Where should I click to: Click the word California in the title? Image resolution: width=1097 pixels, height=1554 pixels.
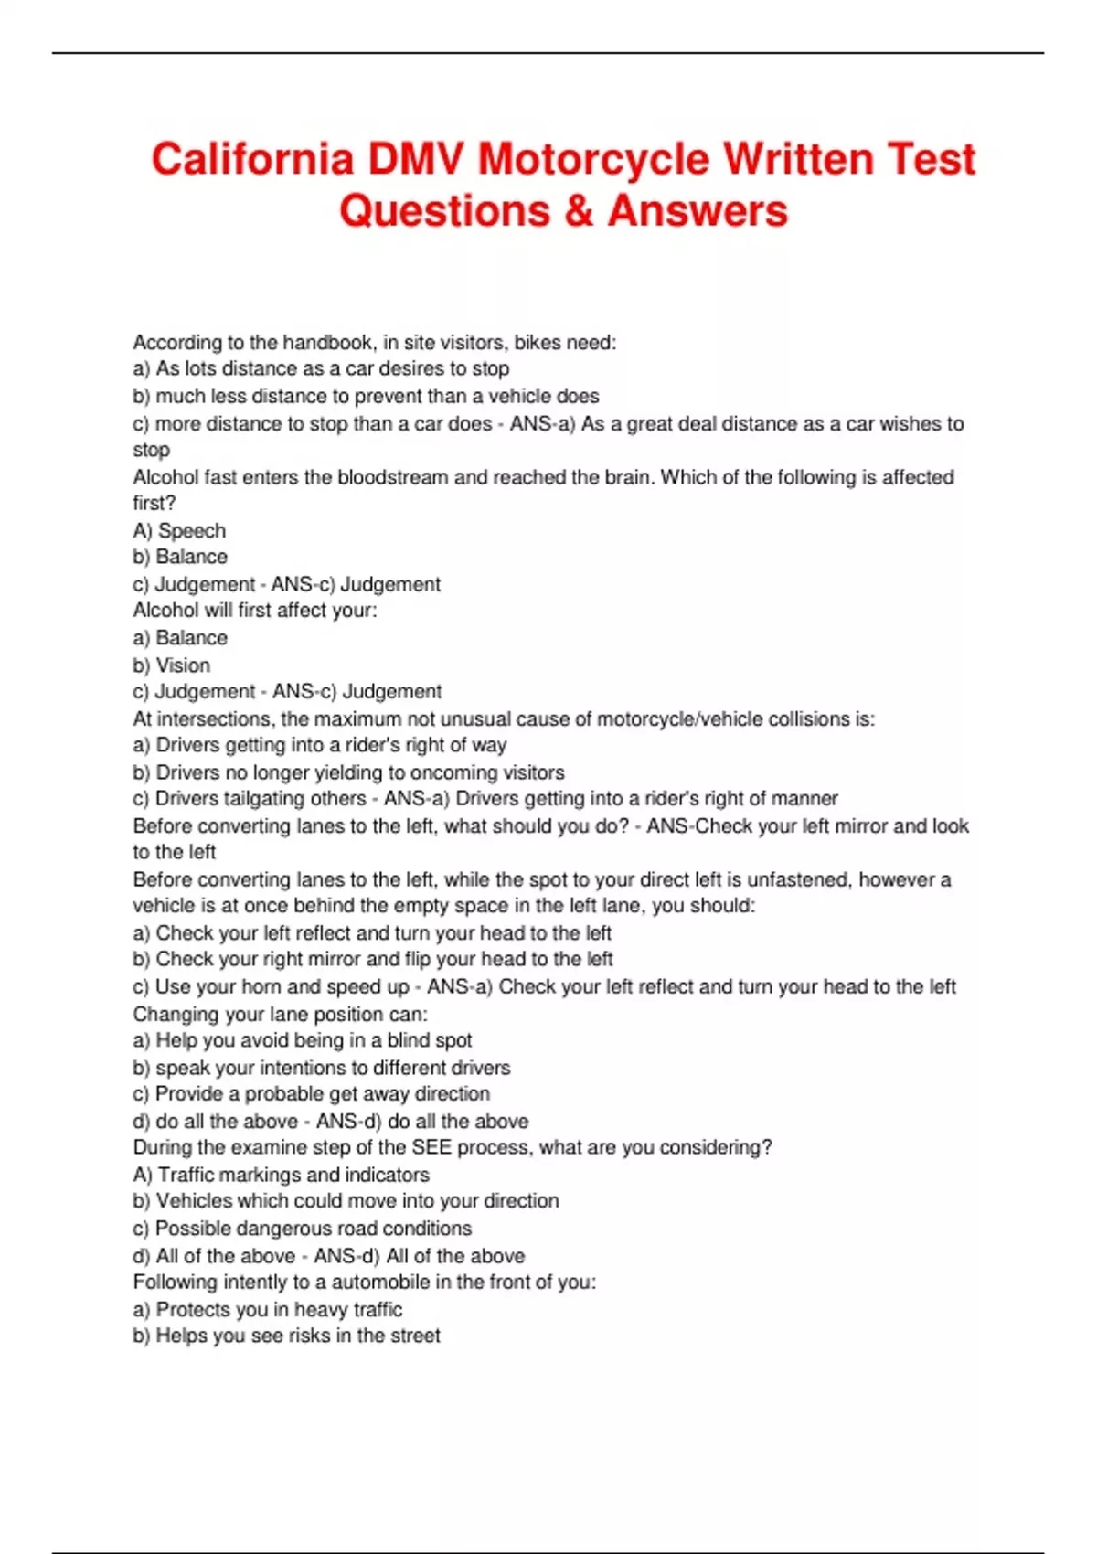click(252, 159)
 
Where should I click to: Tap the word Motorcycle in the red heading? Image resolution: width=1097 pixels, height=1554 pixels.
click(593, 159)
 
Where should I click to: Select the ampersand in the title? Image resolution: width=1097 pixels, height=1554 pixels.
click(579, 211)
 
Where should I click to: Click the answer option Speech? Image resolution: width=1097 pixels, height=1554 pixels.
click(192, 531)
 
